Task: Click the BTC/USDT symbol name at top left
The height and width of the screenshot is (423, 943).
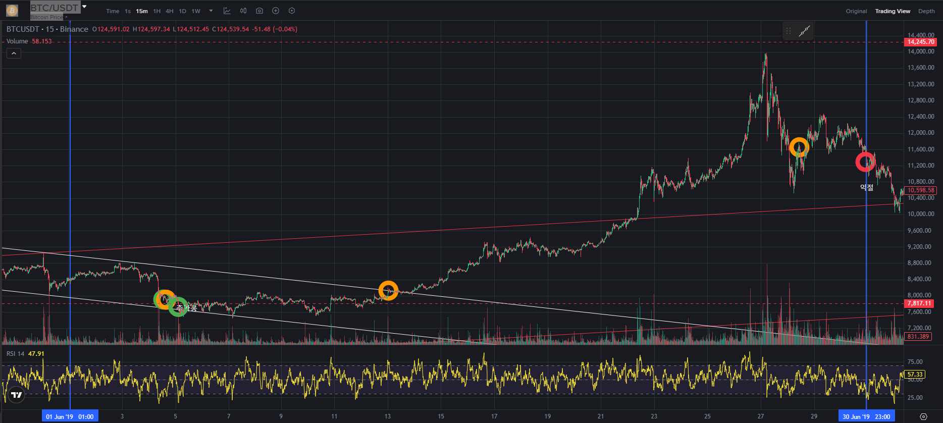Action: [55, 8]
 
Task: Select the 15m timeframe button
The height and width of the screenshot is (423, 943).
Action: [142, 11]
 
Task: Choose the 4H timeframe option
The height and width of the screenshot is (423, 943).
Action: [170, 11]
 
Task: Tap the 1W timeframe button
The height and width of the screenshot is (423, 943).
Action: [196, 11]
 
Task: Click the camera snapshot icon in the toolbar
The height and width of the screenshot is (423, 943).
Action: [259, 11]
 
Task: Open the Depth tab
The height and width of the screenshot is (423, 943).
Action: [926, 11]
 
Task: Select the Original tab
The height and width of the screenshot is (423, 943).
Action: [856, 11]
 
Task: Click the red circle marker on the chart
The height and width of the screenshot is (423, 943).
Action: [865, 162]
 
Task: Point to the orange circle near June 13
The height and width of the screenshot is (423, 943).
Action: [388, 290]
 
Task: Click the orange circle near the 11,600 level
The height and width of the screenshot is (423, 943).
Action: [799, 147]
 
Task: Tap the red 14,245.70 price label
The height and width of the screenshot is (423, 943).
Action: [921, 42]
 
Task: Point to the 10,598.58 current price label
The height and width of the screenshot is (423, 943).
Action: [921, 190]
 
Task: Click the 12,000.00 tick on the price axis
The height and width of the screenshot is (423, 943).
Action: [921, 133]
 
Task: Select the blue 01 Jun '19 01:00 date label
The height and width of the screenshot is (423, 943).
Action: [70, 416]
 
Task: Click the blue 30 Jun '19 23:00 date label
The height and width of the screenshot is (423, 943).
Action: [866, 416]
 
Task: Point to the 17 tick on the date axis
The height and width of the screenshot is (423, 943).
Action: [494, 416]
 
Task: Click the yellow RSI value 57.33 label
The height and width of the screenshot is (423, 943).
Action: [915, 374]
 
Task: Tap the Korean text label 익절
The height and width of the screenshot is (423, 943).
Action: [867, 187]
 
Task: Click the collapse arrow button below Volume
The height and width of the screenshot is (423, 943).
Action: [14, 54]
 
